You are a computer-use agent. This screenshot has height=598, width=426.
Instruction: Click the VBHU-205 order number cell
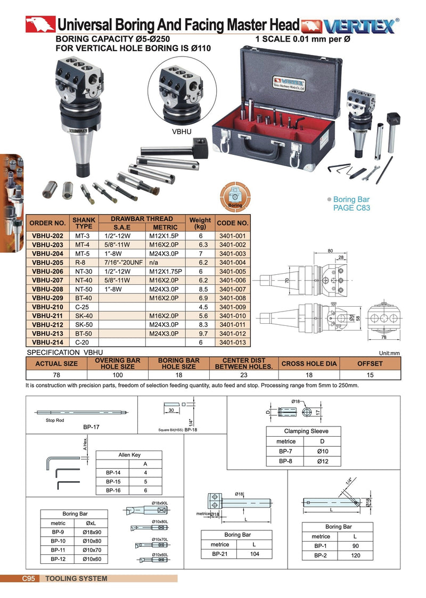tap(47, 263)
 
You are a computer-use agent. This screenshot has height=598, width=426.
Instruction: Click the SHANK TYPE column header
tap(84, 223)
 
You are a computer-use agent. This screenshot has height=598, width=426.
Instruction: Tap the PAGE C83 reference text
tap(351, 208)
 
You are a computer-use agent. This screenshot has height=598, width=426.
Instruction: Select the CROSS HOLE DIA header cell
tap(309, 364)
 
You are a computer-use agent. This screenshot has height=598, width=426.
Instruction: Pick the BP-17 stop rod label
tap(91, 427)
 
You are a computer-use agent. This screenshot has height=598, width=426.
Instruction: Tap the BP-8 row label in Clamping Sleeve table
tap(285, 461)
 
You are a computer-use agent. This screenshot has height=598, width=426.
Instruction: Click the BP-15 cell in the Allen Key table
tap(112, 481)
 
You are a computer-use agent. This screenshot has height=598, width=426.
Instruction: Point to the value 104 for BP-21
tap(254, 554)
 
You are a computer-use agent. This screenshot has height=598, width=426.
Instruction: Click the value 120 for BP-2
tap(355, 555)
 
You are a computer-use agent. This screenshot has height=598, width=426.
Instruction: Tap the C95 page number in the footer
tap(28, 578)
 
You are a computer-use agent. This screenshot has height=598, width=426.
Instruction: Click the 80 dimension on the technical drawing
tap(330, 251)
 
